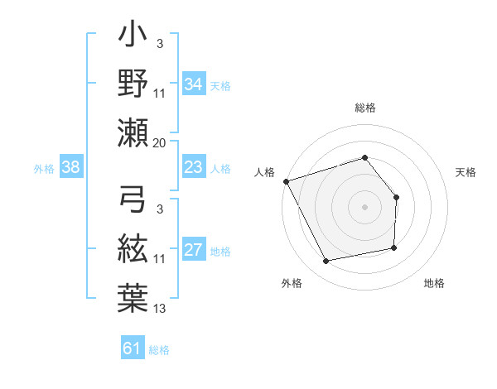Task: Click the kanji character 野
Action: coord(133,85)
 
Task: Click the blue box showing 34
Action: coord(193,84)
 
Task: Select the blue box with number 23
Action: coord(193,168)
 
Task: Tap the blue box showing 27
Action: coord(193,251)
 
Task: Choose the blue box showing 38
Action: coord(70,168)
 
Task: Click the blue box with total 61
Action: coord(133,348)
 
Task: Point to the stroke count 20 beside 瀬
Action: coord(160,142)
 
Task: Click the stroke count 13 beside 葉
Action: coord(160,309)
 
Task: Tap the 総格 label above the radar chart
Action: coord(364,108)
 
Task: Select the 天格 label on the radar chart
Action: coord(466,172)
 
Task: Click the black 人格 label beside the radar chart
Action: coord(264,172)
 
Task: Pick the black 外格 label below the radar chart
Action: coord(292,284)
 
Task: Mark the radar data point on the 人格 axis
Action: coord(286,180)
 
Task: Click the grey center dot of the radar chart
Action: coord(364,206)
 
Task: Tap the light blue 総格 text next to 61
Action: coord(159,350)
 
